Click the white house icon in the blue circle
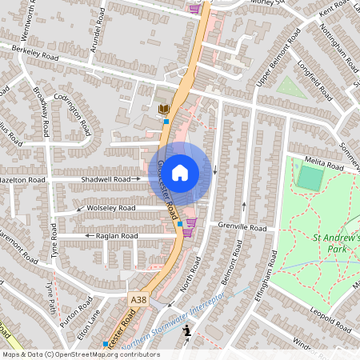click(x=180, y=172)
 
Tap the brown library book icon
click(x=164, y=109)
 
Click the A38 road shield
click(x=138, y=298)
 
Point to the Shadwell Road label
click(x=106, y=180)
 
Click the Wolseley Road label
click(x=111, y=208)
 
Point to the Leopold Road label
click(x=330, y=319)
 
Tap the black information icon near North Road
click(x=187, y=330)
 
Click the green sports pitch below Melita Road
click(x=309, y=177)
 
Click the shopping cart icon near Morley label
click(x=194, y=8)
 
